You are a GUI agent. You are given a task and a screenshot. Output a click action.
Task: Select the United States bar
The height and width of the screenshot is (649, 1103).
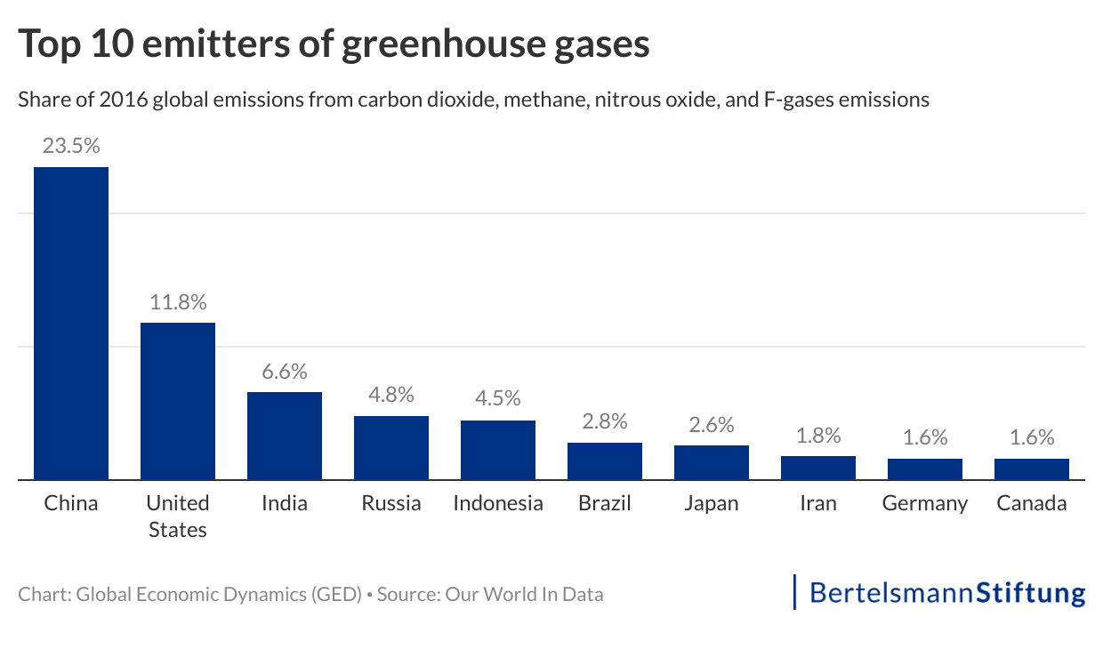(x=178, y=401)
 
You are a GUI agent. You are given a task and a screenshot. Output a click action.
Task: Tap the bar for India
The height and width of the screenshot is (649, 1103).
(x=285, y=436)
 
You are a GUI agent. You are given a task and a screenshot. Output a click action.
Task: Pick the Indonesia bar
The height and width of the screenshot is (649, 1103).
(x=498, y=450)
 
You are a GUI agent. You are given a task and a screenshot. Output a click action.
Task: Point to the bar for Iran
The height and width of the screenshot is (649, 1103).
(x=818, y=468)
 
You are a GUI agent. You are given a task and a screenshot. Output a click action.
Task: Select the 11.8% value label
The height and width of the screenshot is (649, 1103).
(x=178, y=302)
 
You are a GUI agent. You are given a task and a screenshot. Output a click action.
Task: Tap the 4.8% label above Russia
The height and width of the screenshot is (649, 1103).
(x=391, y=396)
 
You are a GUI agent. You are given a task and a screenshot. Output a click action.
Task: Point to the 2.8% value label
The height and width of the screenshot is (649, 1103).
(x=605, y=421)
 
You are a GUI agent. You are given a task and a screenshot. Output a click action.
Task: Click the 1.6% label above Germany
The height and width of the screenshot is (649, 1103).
(x=925, y=437)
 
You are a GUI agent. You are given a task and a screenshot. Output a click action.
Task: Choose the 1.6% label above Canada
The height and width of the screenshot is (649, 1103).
(x=1032, y=437)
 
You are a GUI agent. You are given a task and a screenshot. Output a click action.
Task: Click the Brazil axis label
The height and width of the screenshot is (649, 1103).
(x=605, y=503)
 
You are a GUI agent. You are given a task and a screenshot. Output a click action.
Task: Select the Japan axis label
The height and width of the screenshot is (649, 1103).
(x=712, y=503)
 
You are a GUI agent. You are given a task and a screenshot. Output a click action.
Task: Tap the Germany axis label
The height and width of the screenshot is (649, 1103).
(x=925, y=503)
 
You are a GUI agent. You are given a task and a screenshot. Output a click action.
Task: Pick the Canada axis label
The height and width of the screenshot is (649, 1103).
(x=1032, y=503)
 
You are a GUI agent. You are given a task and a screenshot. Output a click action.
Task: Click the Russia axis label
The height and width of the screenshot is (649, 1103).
(x=391, y=503)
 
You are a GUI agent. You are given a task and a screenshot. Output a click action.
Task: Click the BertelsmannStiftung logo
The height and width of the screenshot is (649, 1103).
(x=940, y=593)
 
